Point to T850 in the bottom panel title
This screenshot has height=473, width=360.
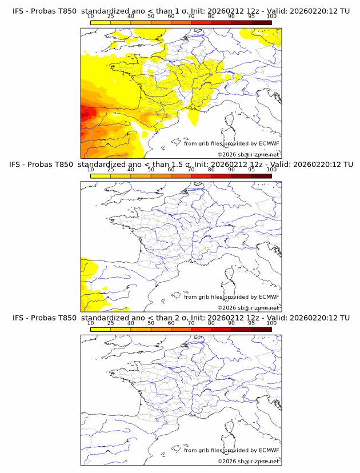pos(65,318)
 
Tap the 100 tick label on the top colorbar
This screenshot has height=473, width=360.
pos(271,17)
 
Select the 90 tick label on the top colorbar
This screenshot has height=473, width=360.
pos(231,17)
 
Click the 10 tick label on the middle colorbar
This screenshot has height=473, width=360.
pos(91,170)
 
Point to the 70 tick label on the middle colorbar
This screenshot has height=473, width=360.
pos(191,170)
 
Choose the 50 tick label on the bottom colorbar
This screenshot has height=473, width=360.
pos(151,323)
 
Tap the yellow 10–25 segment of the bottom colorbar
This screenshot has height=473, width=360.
pos(101,330)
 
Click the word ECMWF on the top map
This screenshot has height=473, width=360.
pos(269,144)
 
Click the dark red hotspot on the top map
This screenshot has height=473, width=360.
pos(85,114)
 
